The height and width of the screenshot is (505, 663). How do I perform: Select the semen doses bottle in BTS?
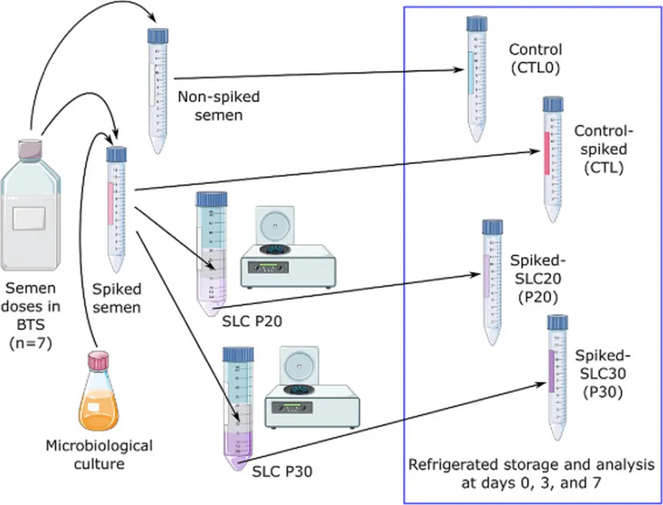(x=30, y=210)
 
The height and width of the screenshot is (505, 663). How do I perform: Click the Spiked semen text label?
(x=117, y=297)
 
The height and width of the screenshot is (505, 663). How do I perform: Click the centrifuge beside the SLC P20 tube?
(x=289, y=249)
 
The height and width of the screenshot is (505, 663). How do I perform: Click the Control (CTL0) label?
(x=535, y=58)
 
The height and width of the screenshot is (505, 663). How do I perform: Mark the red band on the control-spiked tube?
(x=548, y=153)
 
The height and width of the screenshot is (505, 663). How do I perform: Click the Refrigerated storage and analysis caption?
(x=531, y=474)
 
